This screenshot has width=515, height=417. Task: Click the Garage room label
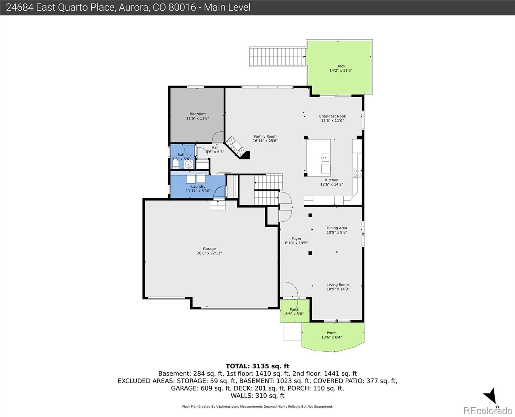click(x=209, y=248)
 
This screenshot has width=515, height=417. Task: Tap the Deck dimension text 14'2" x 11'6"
click(x=341, y=71)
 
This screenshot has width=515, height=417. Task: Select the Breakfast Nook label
click(x=332, y=116)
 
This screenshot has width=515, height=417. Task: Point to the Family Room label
click(x=265, y=136)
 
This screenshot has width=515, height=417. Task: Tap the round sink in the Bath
click(x=188, y=165)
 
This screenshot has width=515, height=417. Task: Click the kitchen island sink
click(x=325, y=158)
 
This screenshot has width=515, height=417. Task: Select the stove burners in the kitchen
click(x=357, y=173)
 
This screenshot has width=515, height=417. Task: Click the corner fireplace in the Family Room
click(x=237, y=148)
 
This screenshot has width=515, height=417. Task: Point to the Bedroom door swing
click(x=217, y=137)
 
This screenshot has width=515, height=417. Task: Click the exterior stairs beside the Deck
click(x=277, y=56)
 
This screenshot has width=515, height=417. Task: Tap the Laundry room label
click(x=198, y=186)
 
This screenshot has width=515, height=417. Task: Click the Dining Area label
click(x=337, y=228)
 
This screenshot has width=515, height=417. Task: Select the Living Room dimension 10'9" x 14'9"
click(x=338, y=289)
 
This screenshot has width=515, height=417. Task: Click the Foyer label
click(x=296, y=239)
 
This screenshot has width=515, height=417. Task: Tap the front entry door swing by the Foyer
click(x=290, y=289)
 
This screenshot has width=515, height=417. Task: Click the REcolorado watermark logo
click(x=488, y=411)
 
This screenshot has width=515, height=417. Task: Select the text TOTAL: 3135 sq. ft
click(x=257, y=366)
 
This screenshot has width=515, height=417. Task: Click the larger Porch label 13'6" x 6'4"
click(x=331, y=335)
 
